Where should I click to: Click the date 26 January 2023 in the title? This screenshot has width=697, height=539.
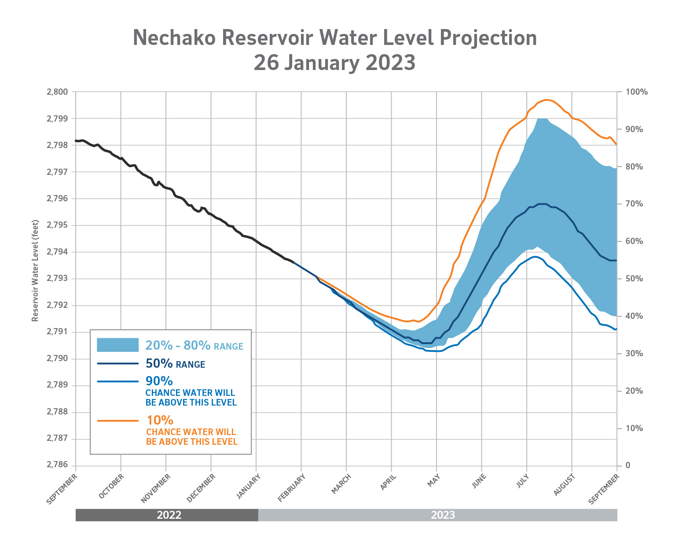[x=334, y=63]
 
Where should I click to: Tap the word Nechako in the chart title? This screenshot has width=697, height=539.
[x=174, y=38]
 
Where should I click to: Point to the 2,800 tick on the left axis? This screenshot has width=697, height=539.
[x=57, y=92]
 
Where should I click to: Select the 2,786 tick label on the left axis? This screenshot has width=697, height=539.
[x=57, y=465]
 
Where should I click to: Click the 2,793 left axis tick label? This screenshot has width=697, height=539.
[x=57, y=279]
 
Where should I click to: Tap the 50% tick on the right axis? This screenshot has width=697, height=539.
[x=634, y=279]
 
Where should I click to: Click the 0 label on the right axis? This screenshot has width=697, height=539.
[x=628, y=465]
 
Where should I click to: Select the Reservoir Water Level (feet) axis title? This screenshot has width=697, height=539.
[x=35, y=271]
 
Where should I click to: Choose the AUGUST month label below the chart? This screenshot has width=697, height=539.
[x=564, y=485]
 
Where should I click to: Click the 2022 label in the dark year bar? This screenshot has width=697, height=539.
[x=169, y=515]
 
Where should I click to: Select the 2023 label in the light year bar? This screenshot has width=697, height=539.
[x=443, y=515]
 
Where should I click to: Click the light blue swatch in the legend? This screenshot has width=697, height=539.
[x=117, y=345]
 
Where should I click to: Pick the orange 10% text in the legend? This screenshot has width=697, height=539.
[x=159, y=420]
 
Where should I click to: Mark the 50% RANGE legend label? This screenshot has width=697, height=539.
[x=175, y=364]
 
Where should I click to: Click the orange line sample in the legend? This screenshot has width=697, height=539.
[x=117, y=421]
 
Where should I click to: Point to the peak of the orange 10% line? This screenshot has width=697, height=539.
[x=546, y=100]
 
